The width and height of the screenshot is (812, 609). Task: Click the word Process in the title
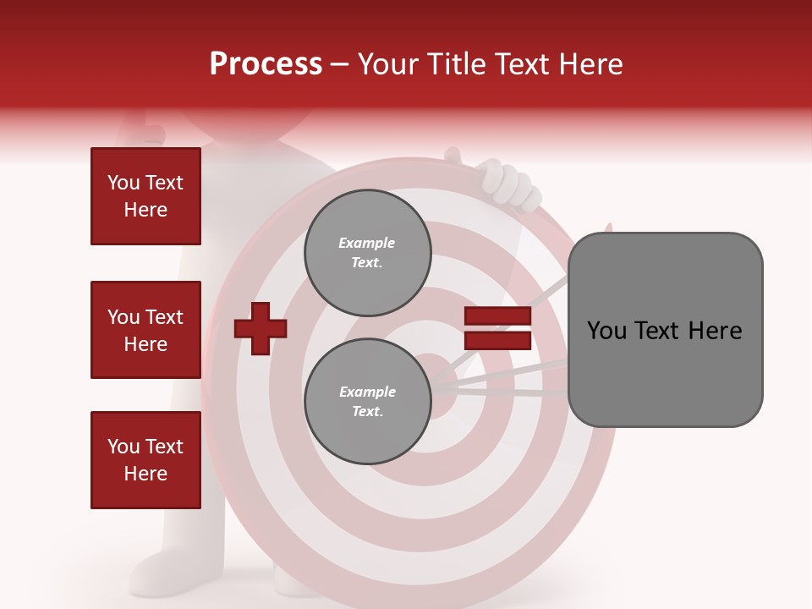point(266,64)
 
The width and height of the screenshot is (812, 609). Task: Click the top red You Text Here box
point(145,196)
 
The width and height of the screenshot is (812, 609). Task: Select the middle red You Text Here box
point(145,330)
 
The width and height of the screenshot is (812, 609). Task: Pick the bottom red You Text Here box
point(145,460)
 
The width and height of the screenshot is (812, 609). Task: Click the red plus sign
point(261,328)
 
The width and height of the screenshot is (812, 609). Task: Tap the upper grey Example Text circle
point(367,253)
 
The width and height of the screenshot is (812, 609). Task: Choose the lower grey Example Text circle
point(367,401)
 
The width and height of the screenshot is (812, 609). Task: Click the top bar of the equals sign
point(497,316)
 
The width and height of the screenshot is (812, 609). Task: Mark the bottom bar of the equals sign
point(497,341)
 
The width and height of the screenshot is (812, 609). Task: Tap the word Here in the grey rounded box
point(715,331)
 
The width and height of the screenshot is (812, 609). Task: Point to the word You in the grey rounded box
point(606,331)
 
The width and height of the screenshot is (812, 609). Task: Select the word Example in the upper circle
point(367,243)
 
